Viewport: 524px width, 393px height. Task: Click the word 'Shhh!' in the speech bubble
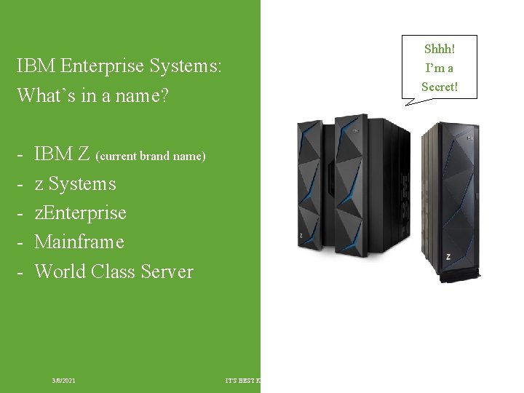439,49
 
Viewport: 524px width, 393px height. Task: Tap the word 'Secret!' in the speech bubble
439,87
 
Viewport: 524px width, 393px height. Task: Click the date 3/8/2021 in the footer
64,381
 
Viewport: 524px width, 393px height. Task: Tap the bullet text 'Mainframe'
79,242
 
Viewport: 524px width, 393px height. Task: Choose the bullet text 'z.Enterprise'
80,213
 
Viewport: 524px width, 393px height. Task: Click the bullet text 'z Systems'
75,183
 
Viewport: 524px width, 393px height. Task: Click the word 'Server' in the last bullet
167,271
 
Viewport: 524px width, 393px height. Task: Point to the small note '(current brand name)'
151,156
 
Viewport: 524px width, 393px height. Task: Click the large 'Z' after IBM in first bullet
83,154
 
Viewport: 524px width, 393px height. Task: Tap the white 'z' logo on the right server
448,256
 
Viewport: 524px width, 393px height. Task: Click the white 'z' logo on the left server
301,235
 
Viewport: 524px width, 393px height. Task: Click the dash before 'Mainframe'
22,242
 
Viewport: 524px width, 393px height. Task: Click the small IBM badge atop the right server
470,138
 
